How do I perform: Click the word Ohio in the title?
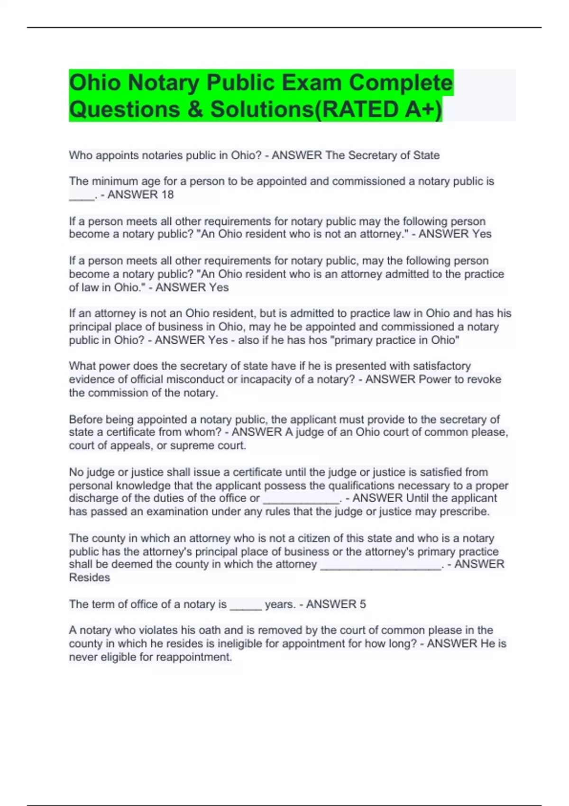tap(95, 83)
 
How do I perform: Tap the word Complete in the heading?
tap(401, 83)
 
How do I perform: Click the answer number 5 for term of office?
tap(363, 604)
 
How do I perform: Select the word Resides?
tap(90, 577)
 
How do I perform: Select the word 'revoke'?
tap(484, 379)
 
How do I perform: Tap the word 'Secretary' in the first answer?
tap(372, 155)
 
